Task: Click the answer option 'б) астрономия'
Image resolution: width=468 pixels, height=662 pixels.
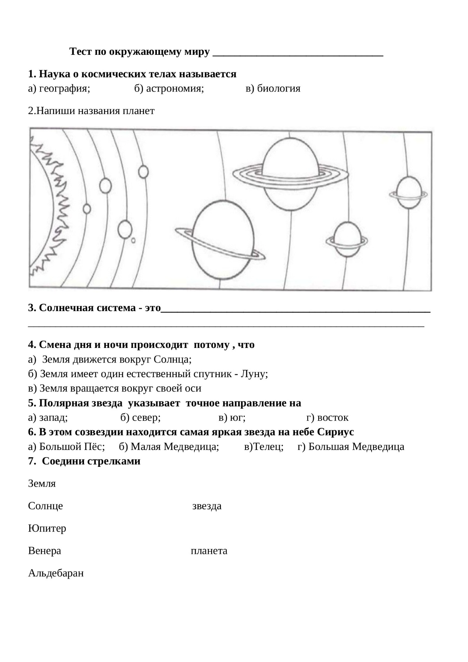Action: (x=169, y=89)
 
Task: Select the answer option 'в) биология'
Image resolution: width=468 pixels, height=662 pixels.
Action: (x=273, y=89)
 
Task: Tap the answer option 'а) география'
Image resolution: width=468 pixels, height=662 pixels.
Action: (x=59, y=89)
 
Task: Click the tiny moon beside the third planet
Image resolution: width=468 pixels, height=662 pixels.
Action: (x=133, y=240)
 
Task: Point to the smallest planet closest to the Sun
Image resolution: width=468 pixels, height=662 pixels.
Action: (x=87, y=209)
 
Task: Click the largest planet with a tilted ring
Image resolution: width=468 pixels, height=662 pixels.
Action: (x=223, y=240)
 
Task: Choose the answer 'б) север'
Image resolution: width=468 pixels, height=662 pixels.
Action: (x=140, y=417)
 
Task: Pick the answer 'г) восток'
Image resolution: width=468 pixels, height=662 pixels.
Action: (x=327, y=417)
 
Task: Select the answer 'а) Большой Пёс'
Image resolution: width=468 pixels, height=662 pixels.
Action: (x=66, y=447)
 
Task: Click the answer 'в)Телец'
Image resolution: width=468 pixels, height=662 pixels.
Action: (x=263, y=447)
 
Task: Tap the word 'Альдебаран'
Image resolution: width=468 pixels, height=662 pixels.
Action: (x=56, y=573)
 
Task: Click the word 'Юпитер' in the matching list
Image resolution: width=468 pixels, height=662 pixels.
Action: (x=47, y=528)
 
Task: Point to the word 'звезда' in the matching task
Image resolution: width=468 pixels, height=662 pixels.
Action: (x=207, y=506)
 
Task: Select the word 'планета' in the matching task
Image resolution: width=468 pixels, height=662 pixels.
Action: (x=209, y=551)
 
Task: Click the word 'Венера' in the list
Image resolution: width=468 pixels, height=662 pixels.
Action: (x=44, y=551)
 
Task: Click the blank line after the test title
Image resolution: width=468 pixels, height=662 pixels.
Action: (x=298, y=53)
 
